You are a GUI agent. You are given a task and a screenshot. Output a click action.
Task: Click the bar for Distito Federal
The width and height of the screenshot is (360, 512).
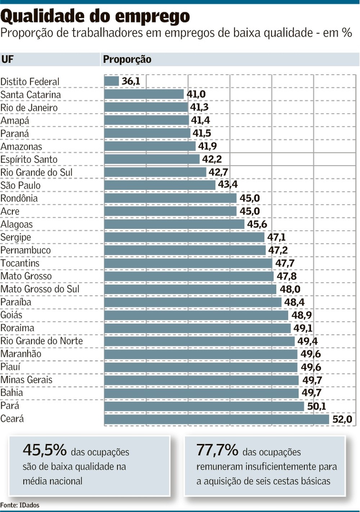point(112,81)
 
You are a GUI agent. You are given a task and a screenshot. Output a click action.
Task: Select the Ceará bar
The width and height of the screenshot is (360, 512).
point(216,419)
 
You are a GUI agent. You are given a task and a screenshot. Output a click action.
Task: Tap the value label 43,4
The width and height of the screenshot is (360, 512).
point(228,184)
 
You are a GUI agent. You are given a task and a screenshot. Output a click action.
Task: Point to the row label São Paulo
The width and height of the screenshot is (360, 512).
point(21,185)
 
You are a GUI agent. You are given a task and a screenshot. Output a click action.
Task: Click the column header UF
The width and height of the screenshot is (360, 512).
point(8,59)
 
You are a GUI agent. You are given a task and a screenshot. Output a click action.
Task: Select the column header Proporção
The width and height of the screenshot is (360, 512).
point(127,59)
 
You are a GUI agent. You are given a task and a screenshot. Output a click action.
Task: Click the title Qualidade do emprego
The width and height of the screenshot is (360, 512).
point(95,16)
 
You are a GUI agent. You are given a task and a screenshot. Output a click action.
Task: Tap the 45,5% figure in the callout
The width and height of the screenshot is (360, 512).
point(45,450)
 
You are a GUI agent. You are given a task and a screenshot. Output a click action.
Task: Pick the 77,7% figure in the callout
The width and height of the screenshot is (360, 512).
point(217,450)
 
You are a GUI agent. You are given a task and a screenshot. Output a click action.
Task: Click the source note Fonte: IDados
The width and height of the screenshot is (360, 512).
point(20,505)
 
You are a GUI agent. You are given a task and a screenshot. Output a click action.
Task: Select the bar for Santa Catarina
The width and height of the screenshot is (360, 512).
point(144,94)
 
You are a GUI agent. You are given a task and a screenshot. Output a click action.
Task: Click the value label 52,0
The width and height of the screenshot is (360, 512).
point(342,419)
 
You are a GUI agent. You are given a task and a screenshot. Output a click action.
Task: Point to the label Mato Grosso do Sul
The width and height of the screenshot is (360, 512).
point(40,289)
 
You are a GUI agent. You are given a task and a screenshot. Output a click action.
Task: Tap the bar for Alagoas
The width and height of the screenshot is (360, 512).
point(174,224)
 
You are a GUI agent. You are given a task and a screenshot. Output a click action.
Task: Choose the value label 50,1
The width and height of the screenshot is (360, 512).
point(316,406)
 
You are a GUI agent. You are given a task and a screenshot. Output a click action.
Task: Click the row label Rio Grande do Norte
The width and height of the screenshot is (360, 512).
point(42,341)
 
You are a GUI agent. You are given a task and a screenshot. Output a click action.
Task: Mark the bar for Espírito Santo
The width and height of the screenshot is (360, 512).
point(152,159)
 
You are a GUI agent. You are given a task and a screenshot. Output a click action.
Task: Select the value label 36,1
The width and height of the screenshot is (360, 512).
point(131,81)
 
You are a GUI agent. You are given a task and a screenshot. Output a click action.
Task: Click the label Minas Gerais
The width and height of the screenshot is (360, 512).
point(26,380)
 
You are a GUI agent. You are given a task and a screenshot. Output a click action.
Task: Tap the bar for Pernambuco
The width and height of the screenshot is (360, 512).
point(185,250)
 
